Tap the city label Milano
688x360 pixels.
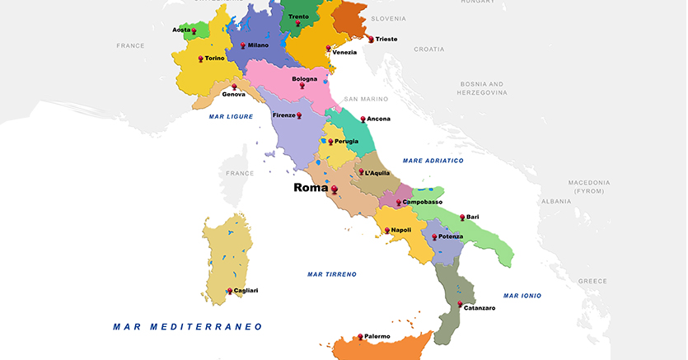tap(258, 45)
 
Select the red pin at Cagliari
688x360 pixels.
tap(230, 290)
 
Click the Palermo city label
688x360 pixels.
tap(376, 336)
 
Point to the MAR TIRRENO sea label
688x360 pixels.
tap(331, 274)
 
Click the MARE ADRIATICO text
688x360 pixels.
tap(433, 161)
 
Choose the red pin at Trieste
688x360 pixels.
tap(371, 38)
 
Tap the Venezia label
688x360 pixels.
tap(345, 53)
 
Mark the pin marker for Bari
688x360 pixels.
tap(462, 217)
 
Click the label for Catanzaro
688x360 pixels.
tap(480, 308)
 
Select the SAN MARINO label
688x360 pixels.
tap(366, 99)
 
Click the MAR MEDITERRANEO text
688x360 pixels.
tap(188, 327)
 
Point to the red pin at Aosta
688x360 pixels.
tap(194, 30)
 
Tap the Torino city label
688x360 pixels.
tap(214, 58)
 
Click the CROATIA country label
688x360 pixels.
tap(428, 49)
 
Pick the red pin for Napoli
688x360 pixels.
tap(386, 230)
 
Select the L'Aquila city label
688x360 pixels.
tap(377, 173)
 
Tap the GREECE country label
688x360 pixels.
tap(592, 281)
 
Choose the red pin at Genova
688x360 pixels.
tap(235, 86)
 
